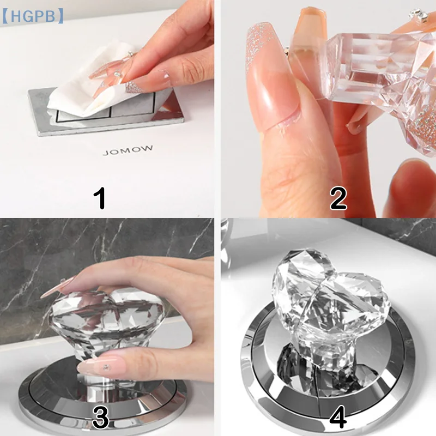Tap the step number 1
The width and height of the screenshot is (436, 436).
coord(100,198)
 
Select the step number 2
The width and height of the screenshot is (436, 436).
coord(338,198)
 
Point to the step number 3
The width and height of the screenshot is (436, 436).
coord(100,417)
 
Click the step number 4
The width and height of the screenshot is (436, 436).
coord(338,417)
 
